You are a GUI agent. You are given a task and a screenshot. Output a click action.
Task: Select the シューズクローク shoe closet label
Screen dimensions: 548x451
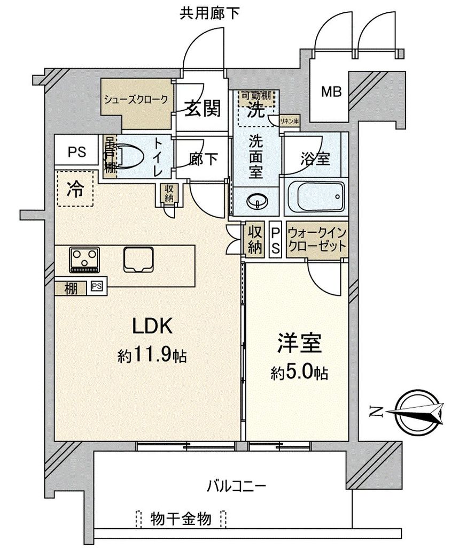tap(136, 99)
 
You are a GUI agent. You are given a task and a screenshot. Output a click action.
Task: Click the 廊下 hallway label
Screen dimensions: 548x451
tap(203, 159)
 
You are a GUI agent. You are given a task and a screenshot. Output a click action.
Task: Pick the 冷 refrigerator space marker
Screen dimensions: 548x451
tap(75, 189)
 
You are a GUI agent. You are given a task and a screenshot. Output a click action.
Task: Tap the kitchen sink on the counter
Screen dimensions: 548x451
tap(138, 260)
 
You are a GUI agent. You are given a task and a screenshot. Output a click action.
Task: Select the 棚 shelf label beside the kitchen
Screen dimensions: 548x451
tap(71, 287)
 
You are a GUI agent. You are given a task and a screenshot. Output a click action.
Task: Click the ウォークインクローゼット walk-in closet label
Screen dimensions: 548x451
tap(316, 241)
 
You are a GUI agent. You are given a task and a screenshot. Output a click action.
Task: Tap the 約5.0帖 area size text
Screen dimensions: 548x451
tap(299, 372)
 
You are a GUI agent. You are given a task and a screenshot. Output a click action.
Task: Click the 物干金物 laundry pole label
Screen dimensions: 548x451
tap(181, 518)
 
